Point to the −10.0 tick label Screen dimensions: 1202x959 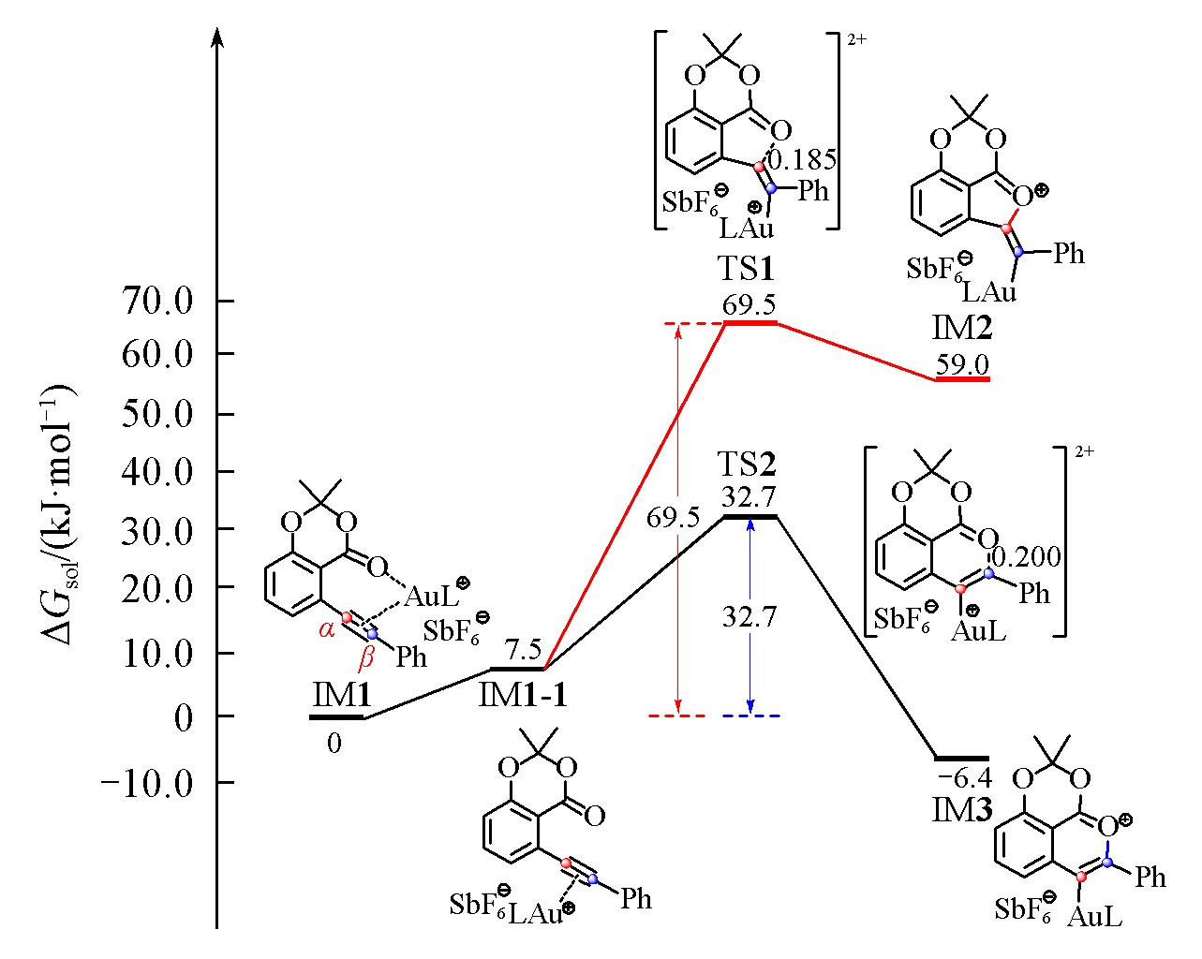click(x=147, y=783)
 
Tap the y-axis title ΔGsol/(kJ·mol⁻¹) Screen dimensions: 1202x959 click(x=58, y=514)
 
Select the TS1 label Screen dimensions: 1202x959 click(x=746, y=269)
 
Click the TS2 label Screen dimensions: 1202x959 click(x=747, y=464)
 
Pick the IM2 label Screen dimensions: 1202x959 click(x=961, y=328)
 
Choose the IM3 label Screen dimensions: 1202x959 click(x=962, y=810)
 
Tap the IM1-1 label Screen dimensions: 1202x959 click(x=522, y=696)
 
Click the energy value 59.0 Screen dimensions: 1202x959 click(x=962, y=364)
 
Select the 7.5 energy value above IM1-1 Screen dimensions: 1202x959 click(x=524, y=649)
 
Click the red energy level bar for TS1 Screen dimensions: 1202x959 click(x=750, y=323)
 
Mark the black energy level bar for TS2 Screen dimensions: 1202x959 click(x=750, y=517)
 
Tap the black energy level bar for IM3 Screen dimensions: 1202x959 click(x=962, y=758)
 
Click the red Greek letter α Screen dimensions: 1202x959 click(x=327, y=630)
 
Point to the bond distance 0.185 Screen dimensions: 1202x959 click(x=803, y=160)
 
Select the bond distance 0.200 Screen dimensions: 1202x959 click(x=1026, y=557)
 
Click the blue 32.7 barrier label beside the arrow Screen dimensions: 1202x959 click(x=749, y=616)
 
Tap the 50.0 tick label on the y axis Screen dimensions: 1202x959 click(x=158, y=414)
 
